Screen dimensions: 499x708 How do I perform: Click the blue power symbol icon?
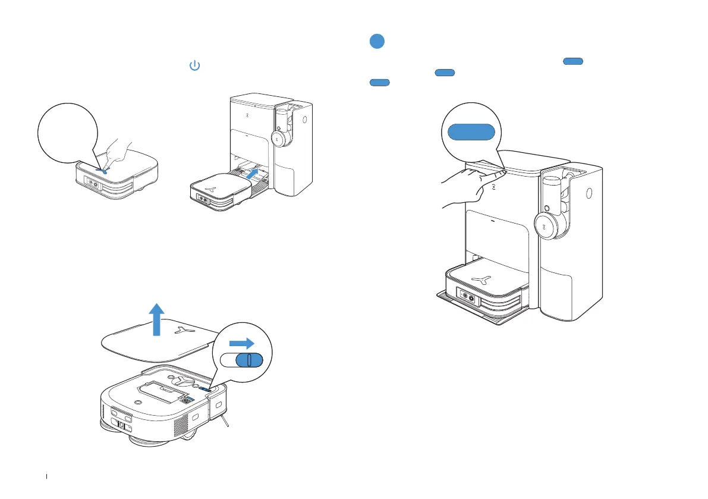pyautogui.click(x=194, y=66)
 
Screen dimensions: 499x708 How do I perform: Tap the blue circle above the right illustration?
pyautogui.click(x=376, y=42)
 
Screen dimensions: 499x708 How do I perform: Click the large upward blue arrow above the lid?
pyautogui.click(x=156, y=318)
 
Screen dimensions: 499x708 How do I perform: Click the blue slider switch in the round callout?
pyautogui.click(x=248, y=361)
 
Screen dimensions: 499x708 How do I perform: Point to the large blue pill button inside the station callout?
pyautogui.click(x=471, y=131)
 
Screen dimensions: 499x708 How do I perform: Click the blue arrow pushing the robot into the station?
pyautogui.click(x=254, y=174)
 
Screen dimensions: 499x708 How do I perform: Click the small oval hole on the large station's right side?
pyautogui.click(x=589, y=193)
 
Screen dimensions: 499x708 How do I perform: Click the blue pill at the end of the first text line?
pyautogui.click(x=574, y=61)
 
